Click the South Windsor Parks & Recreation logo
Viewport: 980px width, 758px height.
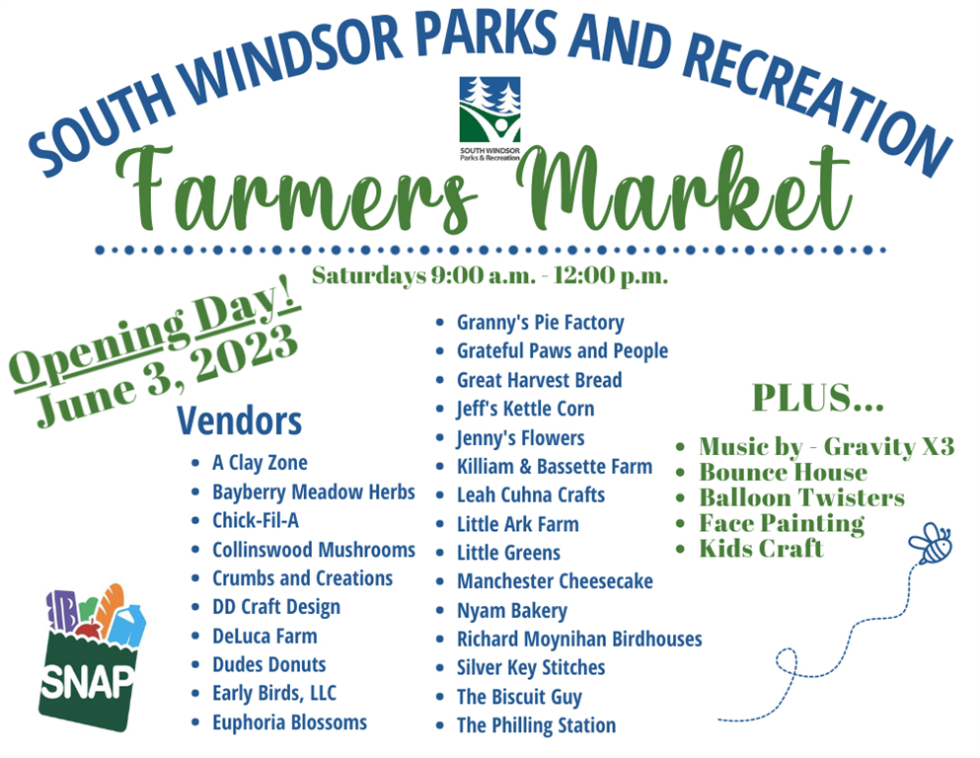tap(490, 118)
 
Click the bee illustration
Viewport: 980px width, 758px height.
tap(931, 544)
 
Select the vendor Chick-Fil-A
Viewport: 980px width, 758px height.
tap(256, 520)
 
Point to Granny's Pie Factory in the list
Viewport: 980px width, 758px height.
tap(540, 323)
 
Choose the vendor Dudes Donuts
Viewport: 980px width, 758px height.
tap(268, 665)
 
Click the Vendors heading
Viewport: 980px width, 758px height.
tap(240, 420)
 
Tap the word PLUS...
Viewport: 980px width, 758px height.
tap(817, 398)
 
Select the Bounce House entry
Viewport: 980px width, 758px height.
tap(784, 473)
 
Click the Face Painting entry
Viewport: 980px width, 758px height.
tap(782, 524)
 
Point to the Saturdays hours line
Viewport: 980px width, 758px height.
tap(490, 275)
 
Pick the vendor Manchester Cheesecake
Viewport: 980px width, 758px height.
tap(555, 581)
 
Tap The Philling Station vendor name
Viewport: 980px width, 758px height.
tap(536, 725)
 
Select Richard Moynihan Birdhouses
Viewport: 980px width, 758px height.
tap(579, 640)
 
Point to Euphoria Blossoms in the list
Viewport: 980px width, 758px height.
tap(289, 723)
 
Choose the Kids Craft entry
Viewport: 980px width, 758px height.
tap(761, 549)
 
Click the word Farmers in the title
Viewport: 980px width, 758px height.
tap(297, 189)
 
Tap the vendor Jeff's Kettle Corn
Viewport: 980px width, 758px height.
tap(525, 410)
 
